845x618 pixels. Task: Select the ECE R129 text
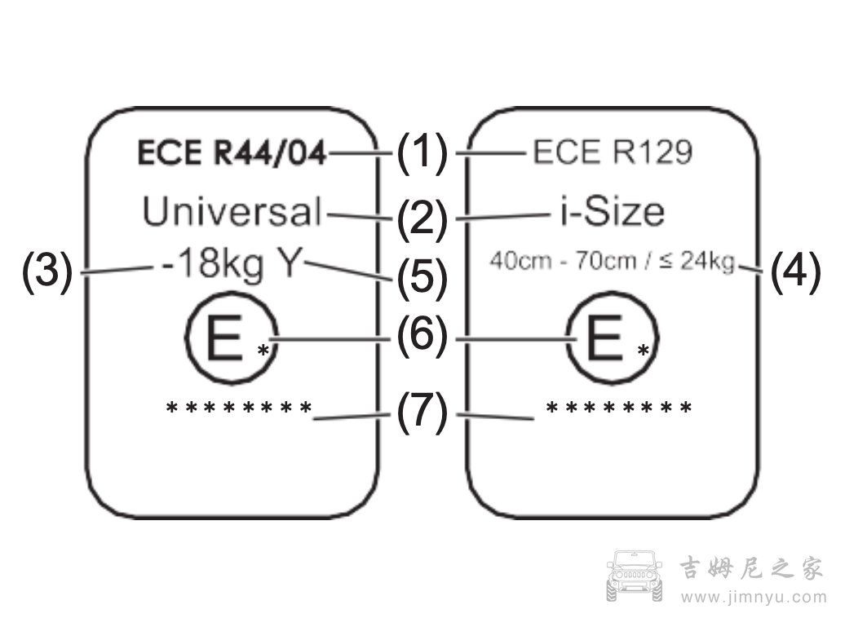tap(613, 152)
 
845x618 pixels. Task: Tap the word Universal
tap(232, 212)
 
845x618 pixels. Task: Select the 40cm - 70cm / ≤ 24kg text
tap(613, 263)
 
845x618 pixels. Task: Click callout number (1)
tap(422, 152)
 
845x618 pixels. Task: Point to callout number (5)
tap(422, 277)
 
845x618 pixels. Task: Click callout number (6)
tap(422, 336)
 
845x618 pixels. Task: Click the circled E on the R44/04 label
tap(223, 341)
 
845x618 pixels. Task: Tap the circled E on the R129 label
tap(604, 341)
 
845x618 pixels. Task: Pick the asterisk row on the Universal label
tap(239, 407)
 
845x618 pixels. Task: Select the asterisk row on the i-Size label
tap(619, 407)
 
